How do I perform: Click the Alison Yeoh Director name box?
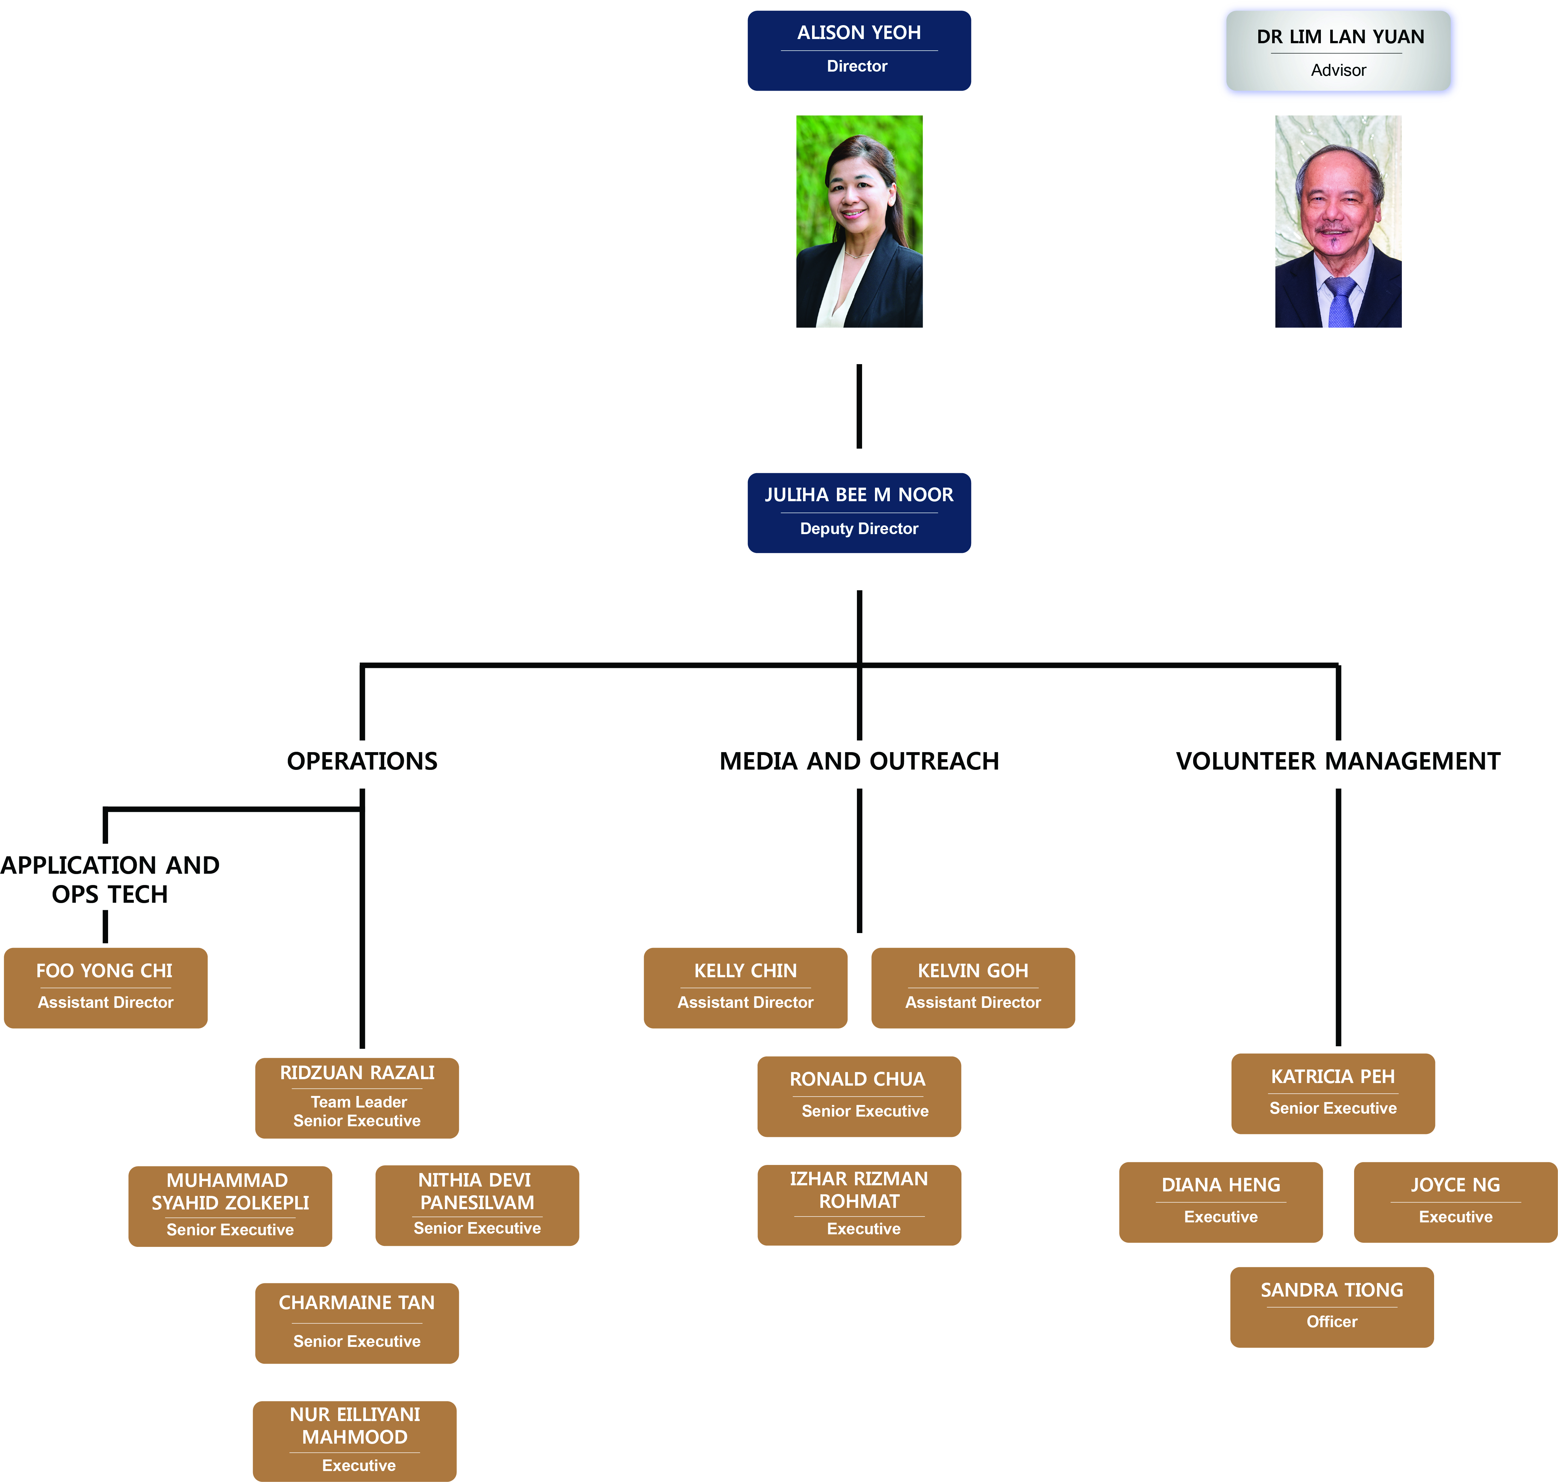[859, 51]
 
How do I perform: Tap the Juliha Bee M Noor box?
[859, 513]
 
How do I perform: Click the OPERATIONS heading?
[362, 761]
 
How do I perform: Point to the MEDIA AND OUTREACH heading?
[859, 761]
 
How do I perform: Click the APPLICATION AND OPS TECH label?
[110, 879]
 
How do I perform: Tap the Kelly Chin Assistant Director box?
[745, 988]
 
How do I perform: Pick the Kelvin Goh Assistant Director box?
[972, 988]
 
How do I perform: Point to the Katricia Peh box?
[1333, 1093]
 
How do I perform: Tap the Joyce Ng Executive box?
[1455, 1201]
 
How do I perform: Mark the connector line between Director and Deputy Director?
[859, 406]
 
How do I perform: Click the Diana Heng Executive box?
[1221, 1201]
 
